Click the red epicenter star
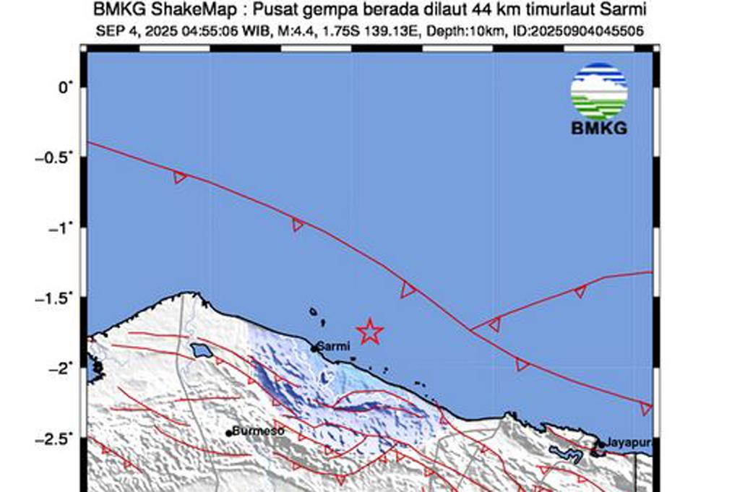click(x=369, y=331)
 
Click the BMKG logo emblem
click(x=598, y=92)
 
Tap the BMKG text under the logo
click(x=598, y=129)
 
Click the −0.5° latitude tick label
click(x=59, y=157)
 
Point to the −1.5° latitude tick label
click(x=59, y=298)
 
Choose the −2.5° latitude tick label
click(x=59, y=439)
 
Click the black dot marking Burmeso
click(x=229, y=433)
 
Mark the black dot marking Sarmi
click(x=314, y=349)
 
